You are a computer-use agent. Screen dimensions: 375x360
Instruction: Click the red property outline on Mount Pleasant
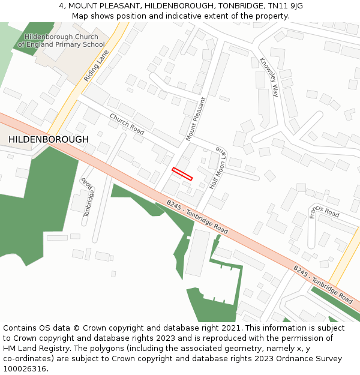pos(182,174)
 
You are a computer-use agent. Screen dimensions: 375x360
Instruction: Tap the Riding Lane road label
pos(97,65)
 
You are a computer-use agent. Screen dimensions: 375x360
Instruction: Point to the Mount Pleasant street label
pos(196,119)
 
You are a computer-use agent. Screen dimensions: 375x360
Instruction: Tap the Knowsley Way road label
pos(269,77)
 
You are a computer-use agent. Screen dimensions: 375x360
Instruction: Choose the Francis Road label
pos(324,212)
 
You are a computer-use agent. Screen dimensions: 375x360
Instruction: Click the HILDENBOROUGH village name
pos(49,139)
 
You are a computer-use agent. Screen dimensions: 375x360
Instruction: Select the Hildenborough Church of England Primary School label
pos(61,41)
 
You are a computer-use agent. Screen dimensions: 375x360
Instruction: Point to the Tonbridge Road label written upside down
pos(89,196)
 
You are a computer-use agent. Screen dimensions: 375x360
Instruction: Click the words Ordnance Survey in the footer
pos(311,359)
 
